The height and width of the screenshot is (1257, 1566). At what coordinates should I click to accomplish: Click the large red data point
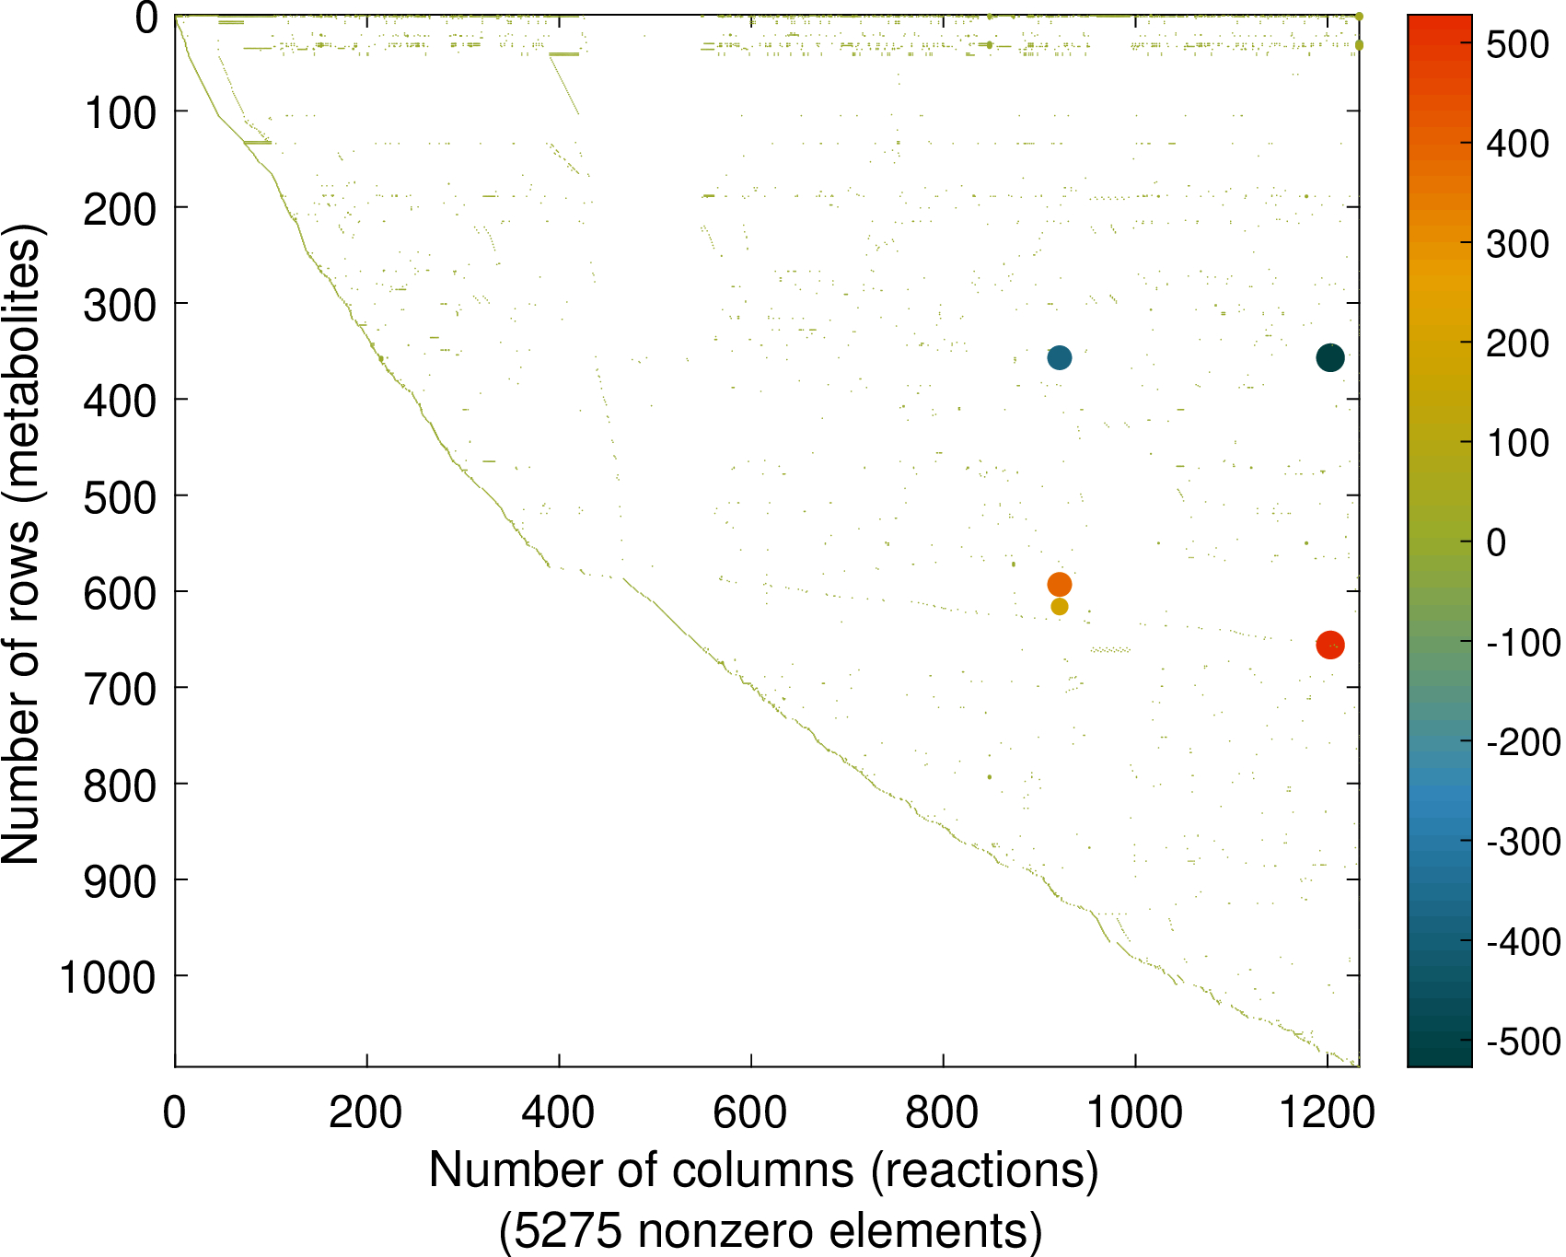(x=1329, y=645)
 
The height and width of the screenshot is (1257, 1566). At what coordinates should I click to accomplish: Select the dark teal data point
(x=1329, y=357)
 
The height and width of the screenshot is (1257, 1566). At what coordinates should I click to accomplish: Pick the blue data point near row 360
(x=1059, y=357)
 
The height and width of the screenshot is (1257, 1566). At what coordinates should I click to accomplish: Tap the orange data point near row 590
(x=1059, y=584)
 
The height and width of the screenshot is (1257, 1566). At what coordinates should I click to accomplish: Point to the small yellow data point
(x=1059, y=607)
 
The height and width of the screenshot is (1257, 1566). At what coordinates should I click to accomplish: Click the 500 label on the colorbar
(x=1517, y=44)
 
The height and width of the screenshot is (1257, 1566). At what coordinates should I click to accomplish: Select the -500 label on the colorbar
(x=1524, y=1042)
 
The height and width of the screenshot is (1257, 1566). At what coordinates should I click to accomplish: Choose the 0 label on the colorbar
(x=1497, y=543)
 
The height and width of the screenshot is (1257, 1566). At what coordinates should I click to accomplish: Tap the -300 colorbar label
(x=1524, y=843)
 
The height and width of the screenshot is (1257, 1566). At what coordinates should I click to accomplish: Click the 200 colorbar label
(x=1517, y=343)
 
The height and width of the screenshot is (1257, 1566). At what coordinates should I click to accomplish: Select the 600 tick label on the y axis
(x=120, y=593)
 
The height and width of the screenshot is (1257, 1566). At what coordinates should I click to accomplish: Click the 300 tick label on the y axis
(x=120, y=305)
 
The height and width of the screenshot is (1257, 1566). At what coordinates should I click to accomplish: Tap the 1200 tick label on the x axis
(x=1327, y=1112)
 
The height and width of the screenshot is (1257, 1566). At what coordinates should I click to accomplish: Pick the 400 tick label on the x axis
(x=558, y=1112)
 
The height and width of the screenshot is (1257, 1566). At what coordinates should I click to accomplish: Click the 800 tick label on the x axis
(x=942, y=1112)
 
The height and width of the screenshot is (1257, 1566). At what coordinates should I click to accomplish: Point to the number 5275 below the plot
(x=567, y=1231)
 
